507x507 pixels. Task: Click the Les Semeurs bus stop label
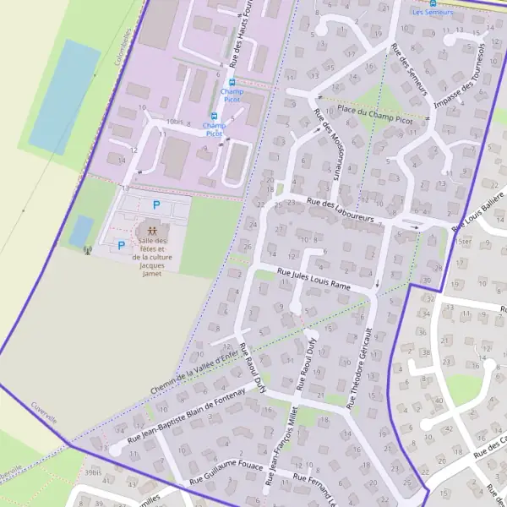(432, 14)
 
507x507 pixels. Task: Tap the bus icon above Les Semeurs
(433, 3)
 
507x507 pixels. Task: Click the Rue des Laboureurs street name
(341, 210)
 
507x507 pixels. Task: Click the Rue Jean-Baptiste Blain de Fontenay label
(185, 417)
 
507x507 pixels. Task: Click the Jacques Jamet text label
(151, 269)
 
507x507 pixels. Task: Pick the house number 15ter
(463, 241)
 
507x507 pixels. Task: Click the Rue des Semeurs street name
(410, 68)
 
